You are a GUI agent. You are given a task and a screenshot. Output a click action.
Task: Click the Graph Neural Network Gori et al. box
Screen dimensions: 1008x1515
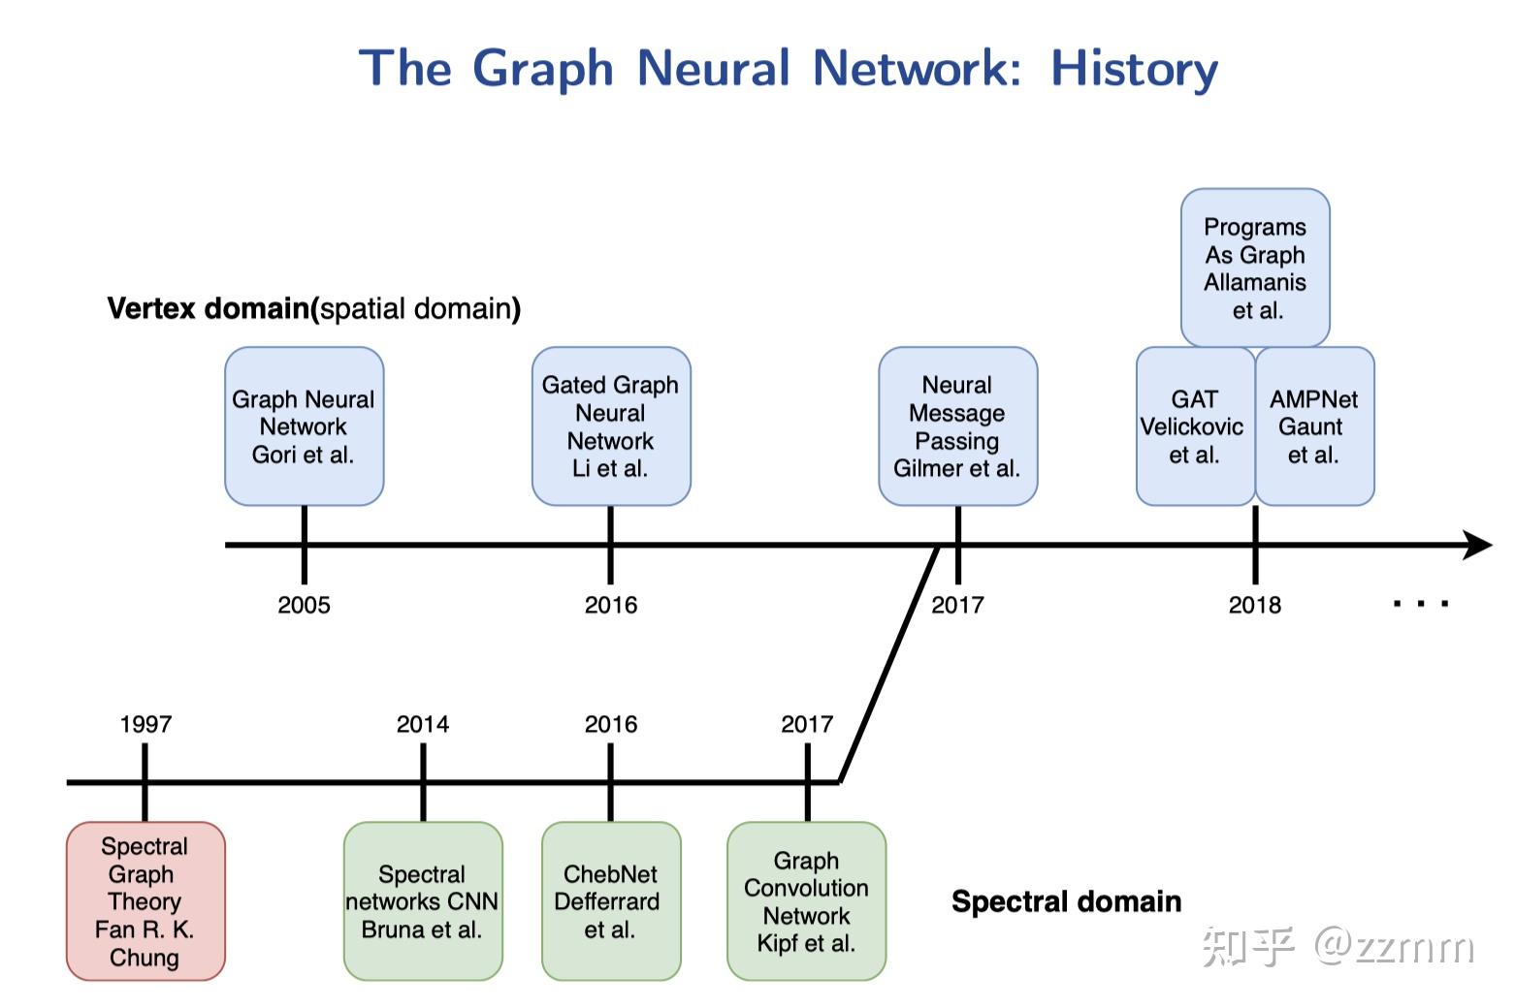[304, 426]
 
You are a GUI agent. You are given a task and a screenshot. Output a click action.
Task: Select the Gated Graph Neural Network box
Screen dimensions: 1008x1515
[610, 426]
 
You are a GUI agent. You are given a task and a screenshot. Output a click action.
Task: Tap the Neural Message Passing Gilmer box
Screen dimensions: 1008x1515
[957, 426]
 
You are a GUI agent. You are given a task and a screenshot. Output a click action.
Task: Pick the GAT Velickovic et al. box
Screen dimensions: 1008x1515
[1194, 426]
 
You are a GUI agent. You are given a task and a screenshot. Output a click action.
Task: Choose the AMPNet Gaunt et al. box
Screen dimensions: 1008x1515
[1314, 426]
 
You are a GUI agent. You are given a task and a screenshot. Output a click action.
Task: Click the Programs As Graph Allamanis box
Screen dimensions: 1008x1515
[1255, 268]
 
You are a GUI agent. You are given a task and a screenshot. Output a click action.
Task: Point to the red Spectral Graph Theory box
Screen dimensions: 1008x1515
[145, 901]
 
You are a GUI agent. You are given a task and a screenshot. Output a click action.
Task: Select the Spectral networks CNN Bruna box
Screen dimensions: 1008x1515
[422, 901]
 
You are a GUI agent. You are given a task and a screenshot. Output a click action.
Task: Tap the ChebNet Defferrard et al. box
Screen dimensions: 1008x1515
[610, 901]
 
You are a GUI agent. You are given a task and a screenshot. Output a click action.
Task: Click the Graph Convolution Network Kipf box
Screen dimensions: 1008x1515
[806, 901]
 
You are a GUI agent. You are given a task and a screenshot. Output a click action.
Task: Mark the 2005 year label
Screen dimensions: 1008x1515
[304, 605]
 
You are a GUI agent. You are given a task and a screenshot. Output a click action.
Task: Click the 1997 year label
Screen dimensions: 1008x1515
[145, 724]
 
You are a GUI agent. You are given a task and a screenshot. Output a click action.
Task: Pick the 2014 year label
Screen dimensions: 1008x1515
[422, 724]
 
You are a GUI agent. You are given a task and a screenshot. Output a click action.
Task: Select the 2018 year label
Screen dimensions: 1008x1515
[1254, 605]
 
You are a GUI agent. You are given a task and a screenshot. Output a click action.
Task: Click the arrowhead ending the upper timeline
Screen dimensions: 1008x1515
[1477, 545]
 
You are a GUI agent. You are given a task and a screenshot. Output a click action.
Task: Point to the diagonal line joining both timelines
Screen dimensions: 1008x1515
[887, 665]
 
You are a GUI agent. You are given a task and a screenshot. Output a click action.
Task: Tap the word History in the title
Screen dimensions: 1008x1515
[1134, 69]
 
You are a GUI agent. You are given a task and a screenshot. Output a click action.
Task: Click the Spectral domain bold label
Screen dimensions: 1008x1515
[1066, 901]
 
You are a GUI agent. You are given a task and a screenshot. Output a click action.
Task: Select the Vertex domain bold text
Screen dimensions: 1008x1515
[208, 308]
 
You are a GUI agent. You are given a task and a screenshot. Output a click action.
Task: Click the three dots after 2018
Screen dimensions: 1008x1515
[1421, 604]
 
